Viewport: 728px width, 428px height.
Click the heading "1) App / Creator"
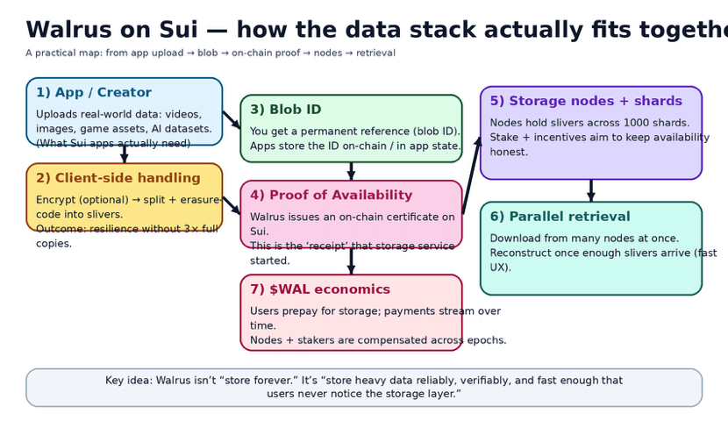point(93,93)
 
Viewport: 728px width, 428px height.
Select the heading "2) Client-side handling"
point(118,179)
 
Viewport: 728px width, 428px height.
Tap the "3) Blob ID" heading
point(285,110)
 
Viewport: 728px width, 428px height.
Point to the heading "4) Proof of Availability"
point(331,196)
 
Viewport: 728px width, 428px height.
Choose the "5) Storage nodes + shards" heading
point(585,102)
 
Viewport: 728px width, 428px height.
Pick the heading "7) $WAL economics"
point(319,289)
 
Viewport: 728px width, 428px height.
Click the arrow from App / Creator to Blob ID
point(232,120)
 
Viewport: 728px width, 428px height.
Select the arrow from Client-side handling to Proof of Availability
point(232,206)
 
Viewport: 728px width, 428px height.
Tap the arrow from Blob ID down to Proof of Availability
point(351,171)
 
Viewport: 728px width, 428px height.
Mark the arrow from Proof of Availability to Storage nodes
point(472,175)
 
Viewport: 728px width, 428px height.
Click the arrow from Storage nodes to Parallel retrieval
point(591,190)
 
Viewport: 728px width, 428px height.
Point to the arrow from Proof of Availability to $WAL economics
point(351,261)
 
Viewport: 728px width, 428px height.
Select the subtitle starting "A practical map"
point(210,53)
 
